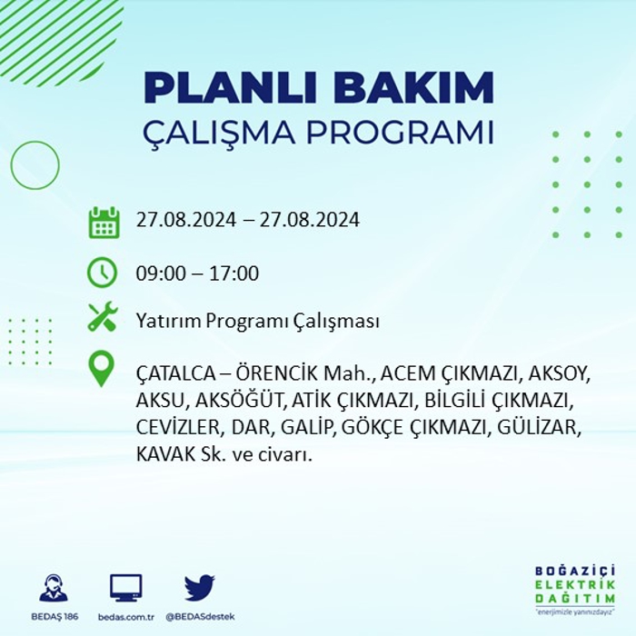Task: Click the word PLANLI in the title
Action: coord(230,87)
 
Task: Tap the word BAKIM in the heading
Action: coord(412,87)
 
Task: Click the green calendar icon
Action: coord(104,223)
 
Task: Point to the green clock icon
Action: coord(102,273)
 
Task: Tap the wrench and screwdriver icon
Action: coord(103,316)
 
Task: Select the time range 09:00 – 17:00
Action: coord(197,273)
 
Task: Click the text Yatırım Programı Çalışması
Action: coord(258,321)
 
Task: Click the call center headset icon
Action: coord(54,588)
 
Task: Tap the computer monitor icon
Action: coord(126,588)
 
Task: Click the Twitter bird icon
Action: coord(200,587)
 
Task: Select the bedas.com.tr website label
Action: coord(126,617)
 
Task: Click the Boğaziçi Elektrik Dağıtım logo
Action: coord(575,591)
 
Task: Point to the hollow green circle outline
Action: coord(11,165)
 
